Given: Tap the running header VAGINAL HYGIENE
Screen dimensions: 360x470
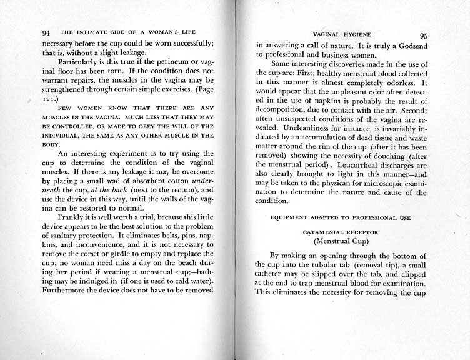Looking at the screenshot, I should (x=342, y=36).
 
